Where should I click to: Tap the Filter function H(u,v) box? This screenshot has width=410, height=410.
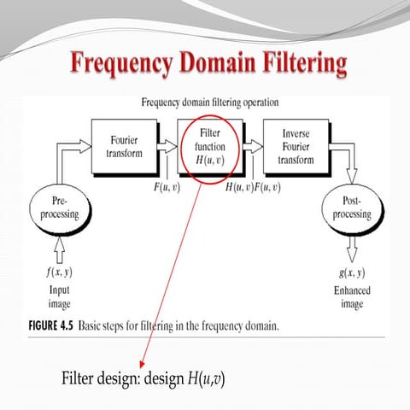[x=209, y=145]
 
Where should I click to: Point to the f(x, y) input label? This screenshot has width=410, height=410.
[x=60, y=274]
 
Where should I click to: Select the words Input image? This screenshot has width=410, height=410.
[x=60, y=296]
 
